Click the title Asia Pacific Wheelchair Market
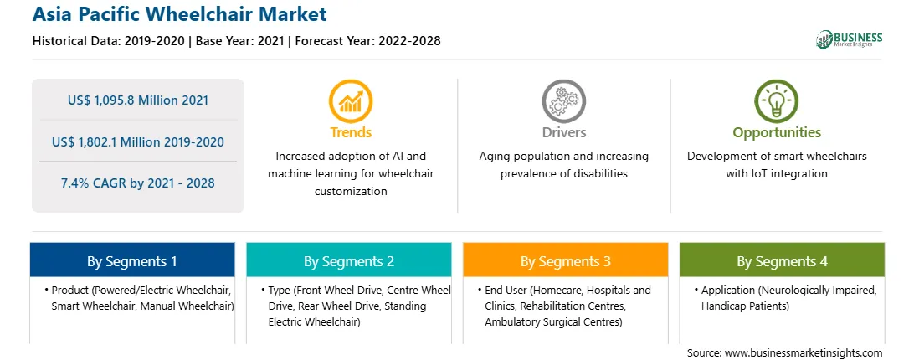[179, 14]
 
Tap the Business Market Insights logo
[849, 39]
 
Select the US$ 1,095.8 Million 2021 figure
[138, 100]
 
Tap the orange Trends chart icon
[351, 101]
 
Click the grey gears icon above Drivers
[563, 101]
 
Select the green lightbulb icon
[777, 101]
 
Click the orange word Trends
[351, 132]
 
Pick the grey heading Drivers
[563, 132]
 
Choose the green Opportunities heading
[777, 133]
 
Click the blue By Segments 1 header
[132, 260]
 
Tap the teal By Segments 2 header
[348, 260]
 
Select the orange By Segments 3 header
[566, 260]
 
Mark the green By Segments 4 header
[783, 260]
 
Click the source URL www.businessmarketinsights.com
[804, 353]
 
